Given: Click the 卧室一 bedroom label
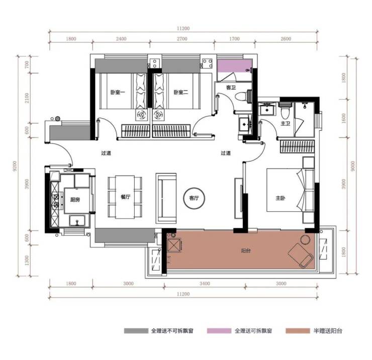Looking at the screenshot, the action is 118,92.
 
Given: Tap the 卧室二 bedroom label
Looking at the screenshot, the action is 181,92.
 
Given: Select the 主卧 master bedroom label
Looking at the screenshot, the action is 280,198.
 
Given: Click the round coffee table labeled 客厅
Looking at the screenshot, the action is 194,198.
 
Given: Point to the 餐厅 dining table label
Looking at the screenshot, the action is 125,197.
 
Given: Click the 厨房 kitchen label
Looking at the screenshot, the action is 75,200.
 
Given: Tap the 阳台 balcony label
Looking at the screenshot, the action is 245,250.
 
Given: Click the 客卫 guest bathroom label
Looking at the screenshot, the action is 231,87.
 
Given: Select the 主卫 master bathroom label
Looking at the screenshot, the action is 285,123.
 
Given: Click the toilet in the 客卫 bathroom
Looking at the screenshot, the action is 241,97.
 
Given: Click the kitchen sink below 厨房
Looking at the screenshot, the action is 77,221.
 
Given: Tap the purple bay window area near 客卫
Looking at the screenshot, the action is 234,66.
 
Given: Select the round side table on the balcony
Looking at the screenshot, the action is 305,239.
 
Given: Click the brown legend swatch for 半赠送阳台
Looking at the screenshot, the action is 298,330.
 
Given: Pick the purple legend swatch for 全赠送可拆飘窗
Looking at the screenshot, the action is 219,330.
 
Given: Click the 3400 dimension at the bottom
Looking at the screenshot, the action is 205,284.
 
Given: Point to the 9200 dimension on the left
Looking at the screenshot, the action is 15,166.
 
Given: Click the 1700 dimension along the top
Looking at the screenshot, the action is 234,39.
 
